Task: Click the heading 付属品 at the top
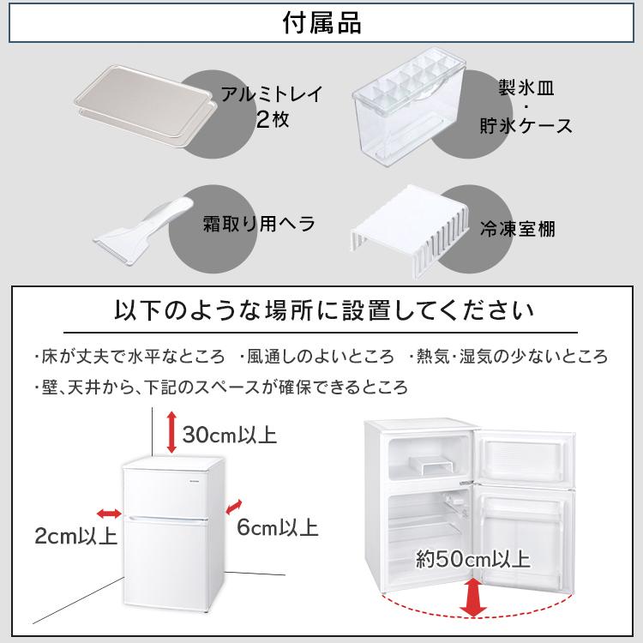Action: pos(321,23)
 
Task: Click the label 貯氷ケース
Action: pos(525,126)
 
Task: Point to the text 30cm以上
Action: pos(229,435)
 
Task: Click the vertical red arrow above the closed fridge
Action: pos(171,431)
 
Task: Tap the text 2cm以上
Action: pos(76,538)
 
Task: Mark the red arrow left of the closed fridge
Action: pos(109,513)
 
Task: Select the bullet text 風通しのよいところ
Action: pos(318,357)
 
